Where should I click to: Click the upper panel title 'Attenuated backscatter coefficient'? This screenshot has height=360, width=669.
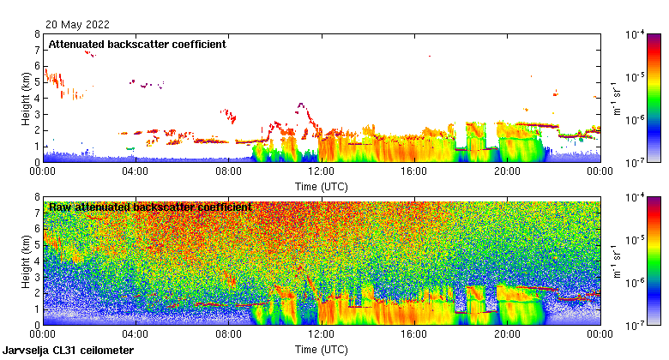[x=137, y=44]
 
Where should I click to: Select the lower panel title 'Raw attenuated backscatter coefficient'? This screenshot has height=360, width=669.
[x=150, y=207]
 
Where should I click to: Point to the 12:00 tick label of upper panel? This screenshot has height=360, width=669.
[x=321, y=171]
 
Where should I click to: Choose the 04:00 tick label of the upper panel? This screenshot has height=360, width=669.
[x=136, y=171]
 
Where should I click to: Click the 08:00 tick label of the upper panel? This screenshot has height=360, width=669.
[x=228, y=171]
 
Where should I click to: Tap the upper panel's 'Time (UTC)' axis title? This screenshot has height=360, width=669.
[x=321, y=185]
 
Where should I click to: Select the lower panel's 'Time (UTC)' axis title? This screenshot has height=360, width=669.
[x=321, y=350]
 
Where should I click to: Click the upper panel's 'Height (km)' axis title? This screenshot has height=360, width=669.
[x=27, y=98]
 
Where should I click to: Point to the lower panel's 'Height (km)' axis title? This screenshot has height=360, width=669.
[x=27, y=262]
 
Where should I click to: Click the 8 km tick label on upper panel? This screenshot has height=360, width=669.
[x=37, y=35]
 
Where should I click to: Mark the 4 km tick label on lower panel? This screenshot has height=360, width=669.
[x=37, y=261]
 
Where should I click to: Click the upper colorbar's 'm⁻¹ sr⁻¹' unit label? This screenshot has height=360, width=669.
[x=618, y=98]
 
